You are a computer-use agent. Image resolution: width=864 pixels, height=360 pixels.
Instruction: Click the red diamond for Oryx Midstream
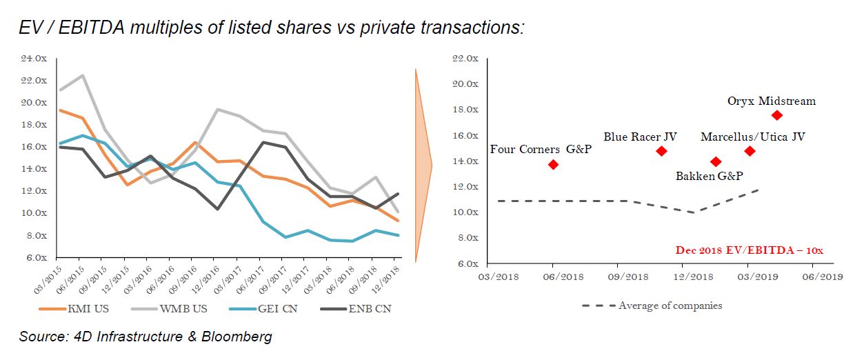(777, 115)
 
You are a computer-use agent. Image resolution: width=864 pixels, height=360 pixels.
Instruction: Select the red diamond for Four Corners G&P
(553, 164)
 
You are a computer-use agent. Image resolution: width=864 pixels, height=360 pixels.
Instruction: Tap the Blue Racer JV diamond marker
(661, 151)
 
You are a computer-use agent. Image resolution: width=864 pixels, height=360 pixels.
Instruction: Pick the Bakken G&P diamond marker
(716, 162)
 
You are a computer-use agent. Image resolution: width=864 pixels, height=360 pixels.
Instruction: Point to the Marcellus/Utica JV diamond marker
(750, 151)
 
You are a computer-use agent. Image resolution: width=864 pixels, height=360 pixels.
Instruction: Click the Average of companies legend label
(670, 306)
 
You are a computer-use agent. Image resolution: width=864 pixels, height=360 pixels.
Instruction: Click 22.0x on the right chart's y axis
(465, 58)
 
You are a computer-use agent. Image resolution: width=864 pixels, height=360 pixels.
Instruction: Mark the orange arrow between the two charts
(422, 166)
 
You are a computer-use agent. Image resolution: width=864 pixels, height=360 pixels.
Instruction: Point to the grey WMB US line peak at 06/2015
(82, 76)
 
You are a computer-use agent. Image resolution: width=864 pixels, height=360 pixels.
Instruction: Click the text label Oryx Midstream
(772, 101)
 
